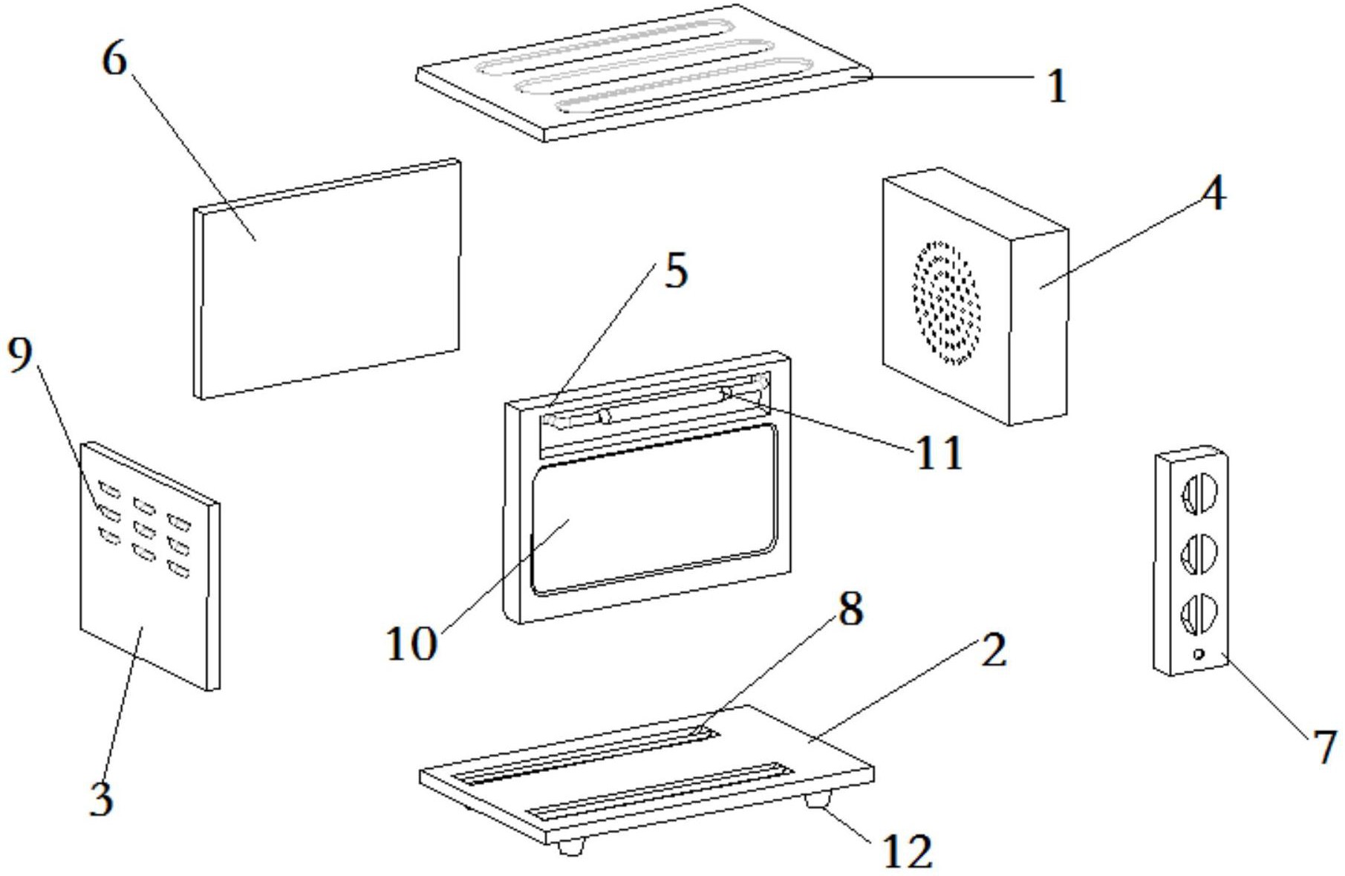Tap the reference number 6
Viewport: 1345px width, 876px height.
[x=114, y=59]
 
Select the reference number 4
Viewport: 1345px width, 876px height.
[x=1213, y=195]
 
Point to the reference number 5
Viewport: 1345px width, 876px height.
[x=675, y=271]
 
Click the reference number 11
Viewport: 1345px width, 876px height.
[x=939, y=452]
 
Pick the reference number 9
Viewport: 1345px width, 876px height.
[x=20, y=354]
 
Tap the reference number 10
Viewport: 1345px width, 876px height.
[x=411, y=643]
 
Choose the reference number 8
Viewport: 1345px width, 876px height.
[x=850, y=609]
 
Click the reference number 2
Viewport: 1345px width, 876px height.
[x=993, y=650]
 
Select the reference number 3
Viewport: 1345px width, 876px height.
[x=102, y=799]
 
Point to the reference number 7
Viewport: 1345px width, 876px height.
[x=1324, y=747]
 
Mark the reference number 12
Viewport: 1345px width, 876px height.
[x=907, y=851]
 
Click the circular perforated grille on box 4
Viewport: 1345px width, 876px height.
[x=945, y=303]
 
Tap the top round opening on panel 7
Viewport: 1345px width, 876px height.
[x=1199, y=493]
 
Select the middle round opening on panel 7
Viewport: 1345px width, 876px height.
[x=1199, y=553]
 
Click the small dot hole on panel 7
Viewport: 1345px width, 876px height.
[x=1198, y=654]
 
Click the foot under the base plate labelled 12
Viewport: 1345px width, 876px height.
[x=818, y=801]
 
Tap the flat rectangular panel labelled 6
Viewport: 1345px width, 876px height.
[x=327, y=279]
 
